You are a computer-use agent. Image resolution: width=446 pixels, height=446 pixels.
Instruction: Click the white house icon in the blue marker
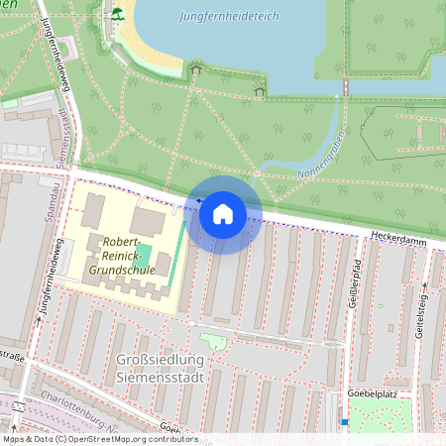tap(222, 213)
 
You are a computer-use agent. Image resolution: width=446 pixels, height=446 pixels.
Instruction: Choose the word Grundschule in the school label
tap(122, 268)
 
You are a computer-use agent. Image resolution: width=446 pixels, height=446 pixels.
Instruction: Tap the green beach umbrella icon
tap(118, 13)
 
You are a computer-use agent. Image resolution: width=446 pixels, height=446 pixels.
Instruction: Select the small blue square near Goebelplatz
tap(344, 423)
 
